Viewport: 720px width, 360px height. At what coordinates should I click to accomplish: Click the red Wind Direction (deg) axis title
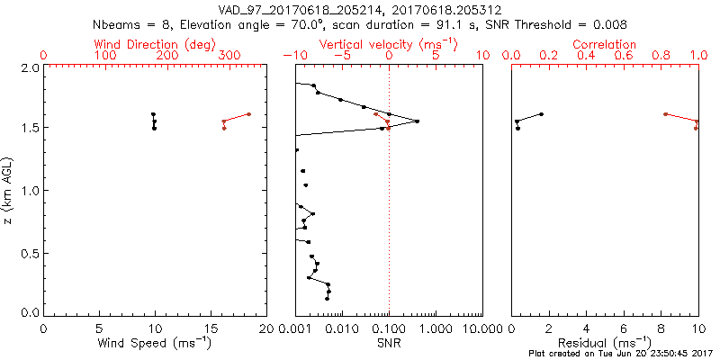click(x=155, y=43)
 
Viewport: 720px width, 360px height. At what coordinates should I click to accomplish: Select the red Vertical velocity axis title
click(x=389, y=43)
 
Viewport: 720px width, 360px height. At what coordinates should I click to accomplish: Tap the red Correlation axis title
click(x=605, y=43)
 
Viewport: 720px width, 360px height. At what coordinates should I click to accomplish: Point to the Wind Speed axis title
click(x=155, y=343)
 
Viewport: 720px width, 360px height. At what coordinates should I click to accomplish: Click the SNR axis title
click(x=389, y=343)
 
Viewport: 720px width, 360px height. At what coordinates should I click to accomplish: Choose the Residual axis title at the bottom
click(x=605, y=343)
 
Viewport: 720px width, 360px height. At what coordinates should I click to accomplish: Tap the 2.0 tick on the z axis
click(x=30, y=68)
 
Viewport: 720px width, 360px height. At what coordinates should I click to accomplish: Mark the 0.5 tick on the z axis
click(x=30, y=254)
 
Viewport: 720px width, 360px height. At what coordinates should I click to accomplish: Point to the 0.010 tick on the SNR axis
click(x=342, y=328)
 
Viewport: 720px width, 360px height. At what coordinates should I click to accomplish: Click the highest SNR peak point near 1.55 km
click(x=418, y=121)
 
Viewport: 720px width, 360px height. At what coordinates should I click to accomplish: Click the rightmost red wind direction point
click(x=248, y=114)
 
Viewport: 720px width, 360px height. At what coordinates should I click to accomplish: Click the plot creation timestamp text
click(x=620, y=355)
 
